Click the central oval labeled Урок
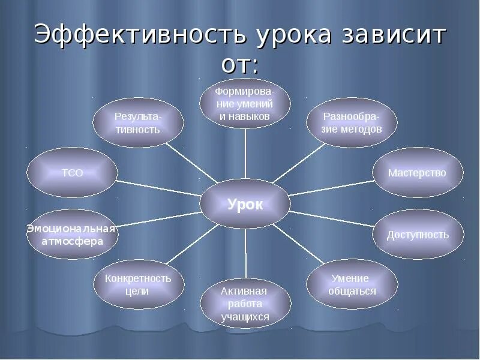(245, 205)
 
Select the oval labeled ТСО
(72, 173)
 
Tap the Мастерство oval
(418, 173)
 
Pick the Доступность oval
(418, 234)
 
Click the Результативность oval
(137, 122)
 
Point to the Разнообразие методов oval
(352, 122)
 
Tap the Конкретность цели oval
(138, 284)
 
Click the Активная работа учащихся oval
(245, 304)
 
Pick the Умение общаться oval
(352, 284)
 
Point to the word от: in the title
(240, 64)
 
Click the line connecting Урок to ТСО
(159, 188)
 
